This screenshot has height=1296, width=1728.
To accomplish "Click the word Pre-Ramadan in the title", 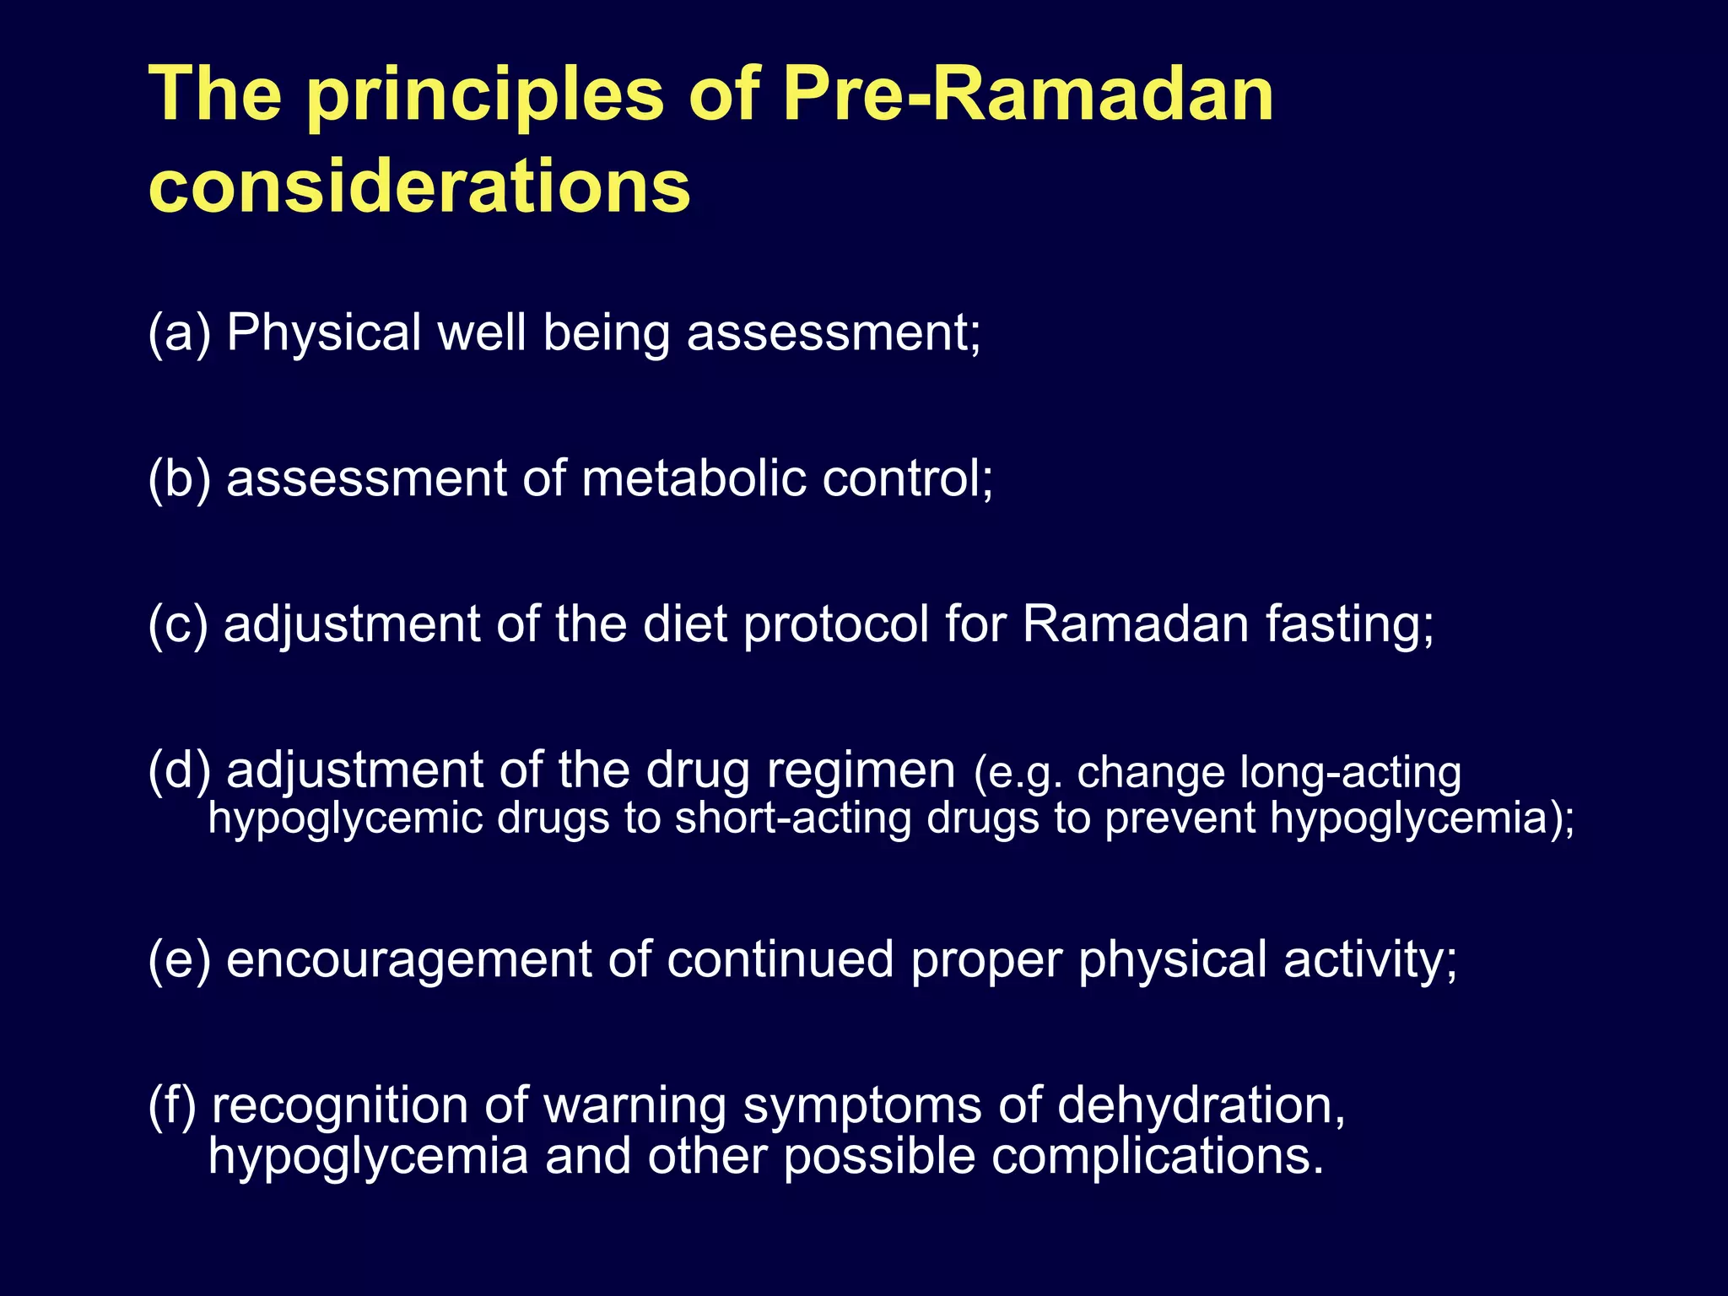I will [x=1028, y=94].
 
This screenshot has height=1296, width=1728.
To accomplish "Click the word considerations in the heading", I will [x=419, y=186].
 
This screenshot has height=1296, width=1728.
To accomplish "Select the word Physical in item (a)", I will [x=324, y=332].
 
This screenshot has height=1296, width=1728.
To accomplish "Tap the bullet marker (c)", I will [x=177, y=624].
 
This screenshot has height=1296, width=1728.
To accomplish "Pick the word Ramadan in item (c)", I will [x=1136, y=624].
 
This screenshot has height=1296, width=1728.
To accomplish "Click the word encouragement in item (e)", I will [x=409, y=961].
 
